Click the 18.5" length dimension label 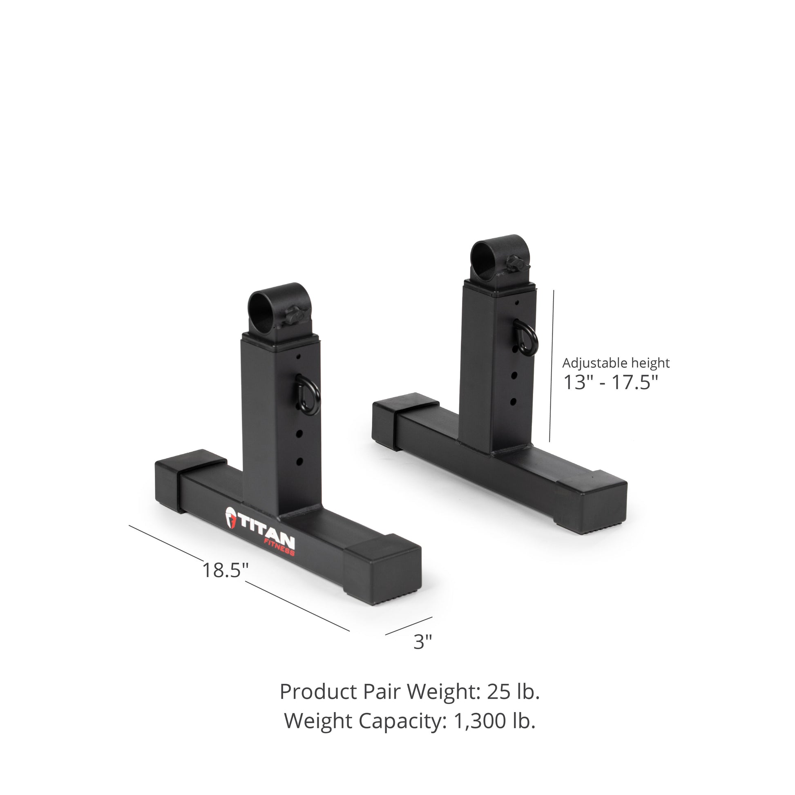point(226,570)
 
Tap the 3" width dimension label point(422,641)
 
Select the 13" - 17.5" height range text point(610,382)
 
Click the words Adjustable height point(616,363)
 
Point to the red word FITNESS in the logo point(279,547)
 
